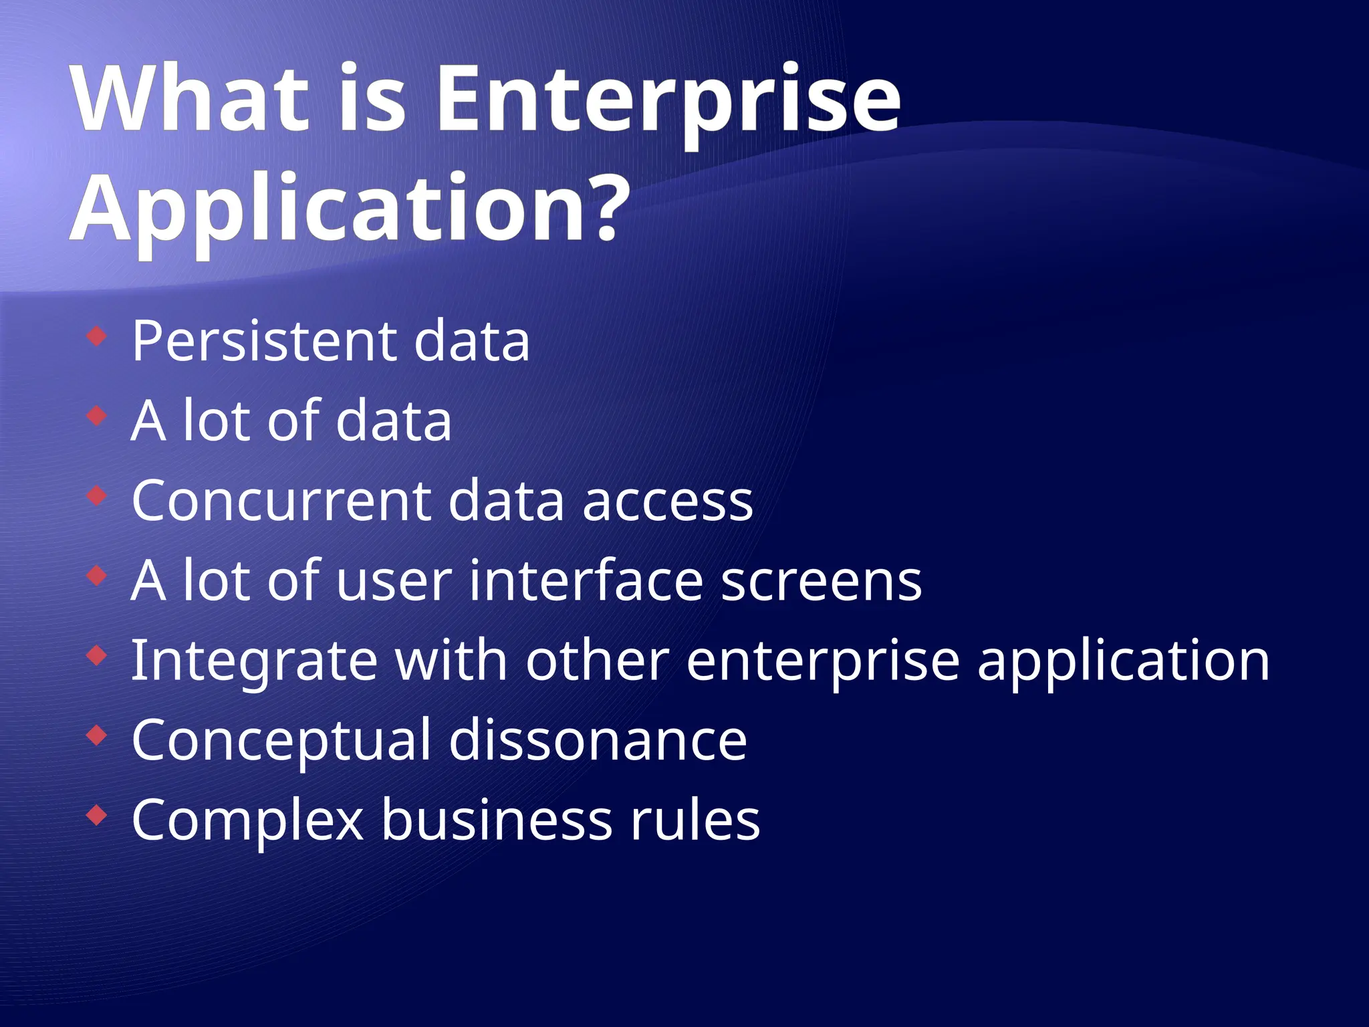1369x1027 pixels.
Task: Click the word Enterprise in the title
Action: point(668,100)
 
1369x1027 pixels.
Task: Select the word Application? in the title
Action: point(351,209)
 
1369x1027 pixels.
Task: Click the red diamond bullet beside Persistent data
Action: point(97,336)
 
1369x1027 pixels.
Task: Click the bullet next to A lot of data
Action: point(97,415)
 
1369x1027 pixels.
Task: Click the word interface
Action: point(586,580)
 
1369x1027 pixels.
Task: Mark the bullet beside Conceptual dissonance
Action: point(97,735)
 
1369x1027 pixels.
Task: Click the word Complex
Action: point(247,821)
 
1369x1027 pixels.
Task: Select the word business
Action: point(497,820)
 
